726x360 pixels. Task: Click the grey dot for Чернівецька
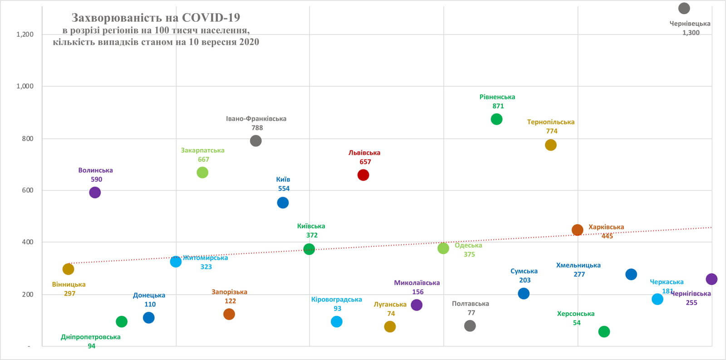684,8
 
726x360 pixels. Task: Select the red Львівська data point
363,175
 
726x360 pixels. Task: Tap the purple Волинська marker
95,192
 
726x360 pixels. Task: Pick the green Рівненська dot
496,119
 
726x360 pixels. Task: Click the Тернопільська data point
550,145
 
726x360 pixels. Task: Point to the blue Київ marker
283,202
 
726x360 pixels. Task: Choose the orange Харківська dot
577,230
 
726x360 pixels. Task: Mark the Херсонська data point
604,331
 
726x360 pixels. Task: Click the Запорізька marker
229,314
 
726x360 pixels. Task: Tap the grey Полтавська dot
470,325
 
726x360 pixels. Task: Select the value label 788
257,128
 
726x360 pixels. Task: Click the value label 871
498,106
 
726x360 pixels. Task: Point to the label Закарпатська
202,150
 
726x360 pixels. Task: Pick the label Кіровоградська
336,300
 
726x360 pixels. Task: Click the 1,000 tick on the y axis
25,86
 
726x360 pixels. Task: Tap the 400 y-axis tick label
28,242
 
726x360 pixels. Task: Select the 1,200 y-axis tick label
25,35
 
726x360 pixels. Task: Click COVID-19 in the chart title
211,18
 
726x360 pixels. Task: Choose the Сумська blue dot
524,293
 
